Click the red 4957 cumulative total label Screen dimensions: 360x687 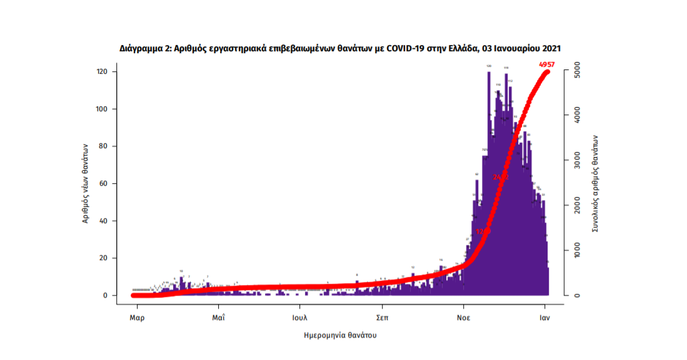click(546, 64)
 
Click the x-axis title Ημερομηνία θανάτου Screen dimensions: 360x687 click(340, 336)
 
